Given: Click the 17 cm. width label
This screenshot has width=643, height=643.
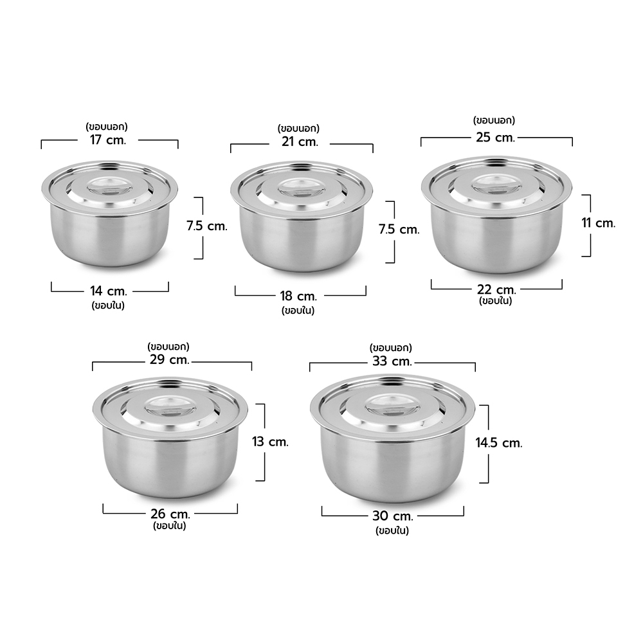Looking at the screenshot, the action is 108,140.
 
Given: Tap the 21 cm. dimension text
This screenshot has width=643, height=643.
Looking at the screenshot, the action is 300,141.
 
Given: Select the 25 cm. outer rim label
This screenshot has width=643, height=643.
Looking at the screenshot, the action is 495,137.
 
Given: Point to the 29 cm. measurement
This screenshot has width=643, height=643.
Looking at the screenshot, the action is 169,359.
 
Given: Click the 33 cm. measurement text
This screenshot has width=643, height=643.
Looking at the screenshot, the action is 392,361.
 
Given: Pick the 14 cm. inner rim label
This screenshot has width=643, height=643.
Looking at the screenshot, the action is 109,291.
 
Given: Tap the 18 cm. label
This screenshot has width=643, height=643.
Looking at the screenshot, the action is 298,296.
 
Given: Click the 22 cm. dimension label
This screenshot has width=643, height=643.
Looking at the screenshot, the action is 496,289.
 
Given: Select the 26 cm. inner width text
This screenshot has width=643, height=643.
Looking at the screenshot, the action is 170,514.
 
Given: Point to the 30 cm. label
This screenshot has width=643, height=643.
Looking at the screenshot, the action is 393,516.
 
